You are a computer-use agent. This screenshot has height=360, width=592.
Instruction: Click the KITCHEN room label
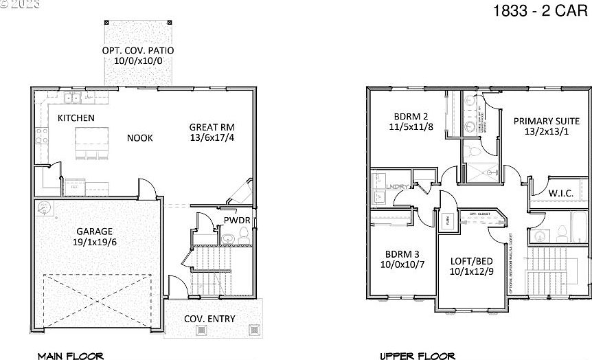tap(76, 118)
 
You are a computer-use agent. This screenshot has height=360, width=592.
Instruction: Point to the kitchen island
tap(93, 141)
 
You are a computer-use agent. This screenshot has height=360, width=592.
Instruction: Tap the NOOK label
tap(139, 138)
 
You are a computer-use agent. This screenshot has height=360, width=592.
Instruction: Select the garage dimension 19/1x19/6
tap(95, 243)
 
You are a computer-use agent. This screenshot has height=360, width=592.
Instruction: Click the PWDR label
tap(236, 221)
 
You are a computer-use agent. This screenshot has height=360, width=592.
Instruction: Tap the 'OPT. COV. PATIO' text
tap(138, 51)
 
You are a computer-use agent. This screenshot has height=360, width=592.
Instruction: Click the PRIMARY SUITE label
tap(546, 121)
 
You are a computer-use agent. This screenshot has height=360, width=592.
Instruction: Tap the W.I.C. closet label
tap(560, 194)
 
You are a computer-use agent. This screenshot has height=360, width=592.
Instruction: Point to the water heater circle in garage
tap(45, 208)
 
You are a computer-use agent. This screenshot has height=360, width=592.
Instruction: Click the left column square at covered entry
tap(202, 330)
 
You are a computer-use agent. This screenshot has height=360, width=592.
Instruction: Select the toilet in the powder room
tap(228, 239)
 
